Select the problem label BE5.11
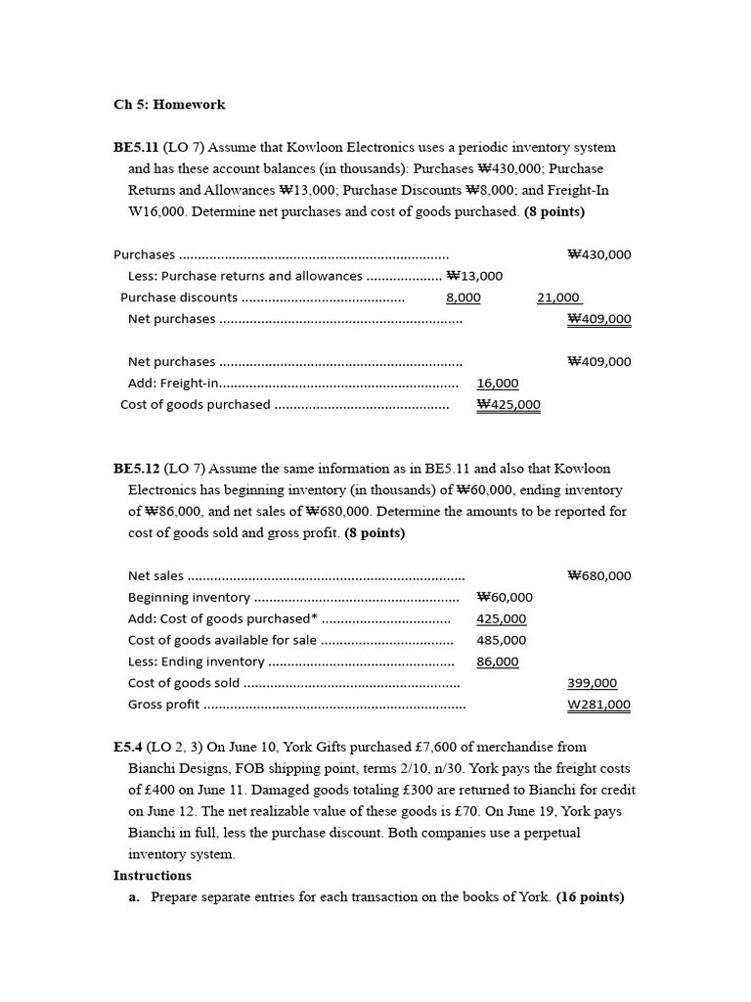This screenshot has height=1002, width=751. coord(136,148)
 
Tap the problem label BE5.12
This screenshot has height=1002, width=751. coord(136,469)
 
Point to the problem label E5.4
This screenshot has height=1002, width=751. coord(129,747)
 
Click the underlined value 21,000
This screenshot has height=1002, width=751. coord(558,297)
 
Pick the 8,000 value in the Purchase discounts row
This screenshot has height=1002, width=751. coord(463,297)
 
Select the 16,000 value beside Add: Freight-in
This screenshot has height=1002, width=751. coord(498,384)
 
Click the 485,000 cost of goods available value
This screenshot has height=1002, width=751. coord(501,640)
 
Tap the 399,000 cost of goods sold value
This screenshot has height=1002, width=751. coord(592,683)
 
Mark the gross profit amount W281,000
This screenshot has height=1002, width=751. coord(598,705)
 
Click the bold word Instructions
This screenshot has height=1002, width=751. coord(153,876)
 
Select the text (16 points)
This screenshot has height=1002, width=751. coord(590,897)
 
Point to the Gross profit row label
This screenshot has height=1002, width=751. coord(163,705)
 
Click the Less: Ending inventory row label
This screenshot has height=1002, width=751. coord(196,661)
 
